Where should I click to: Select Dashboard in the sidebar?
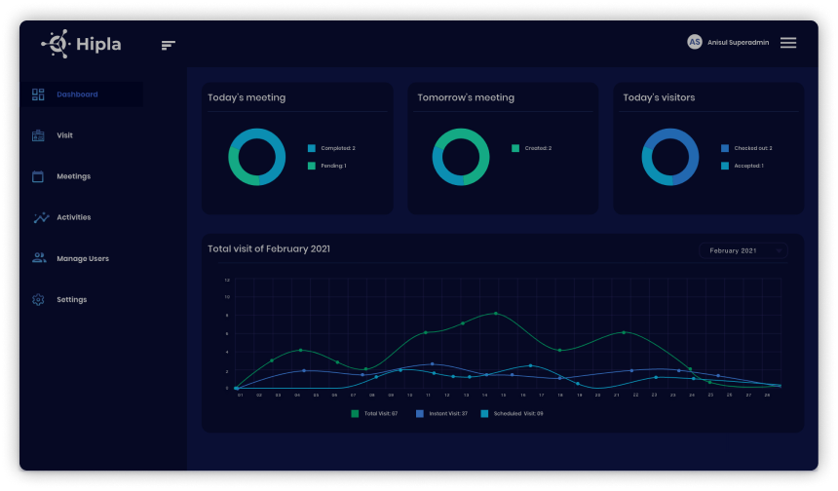(77, 94)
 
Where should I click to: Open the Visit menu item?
(64, 135)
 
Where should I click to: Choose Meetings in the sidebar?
(73, 176)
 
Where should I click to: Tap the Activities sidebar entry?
(73, 217)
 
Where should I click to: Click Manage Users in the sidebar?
(82, 258)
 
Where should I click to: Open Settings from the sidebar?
(71, 299)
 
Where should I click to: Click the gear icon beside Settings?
(38, 299)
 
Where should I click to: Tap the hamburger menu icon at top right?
(788, 43)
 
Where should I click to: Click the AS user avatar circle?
(695, 42)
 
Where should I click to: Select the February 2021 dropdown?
(743, 250)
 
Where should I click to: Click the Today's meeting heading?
(247, 97)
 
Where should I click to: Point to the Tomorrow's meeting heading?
(466, 97)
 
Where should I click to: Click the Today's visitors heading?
(659, 97)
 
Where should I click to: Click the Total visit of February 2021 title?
(269, 248)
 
